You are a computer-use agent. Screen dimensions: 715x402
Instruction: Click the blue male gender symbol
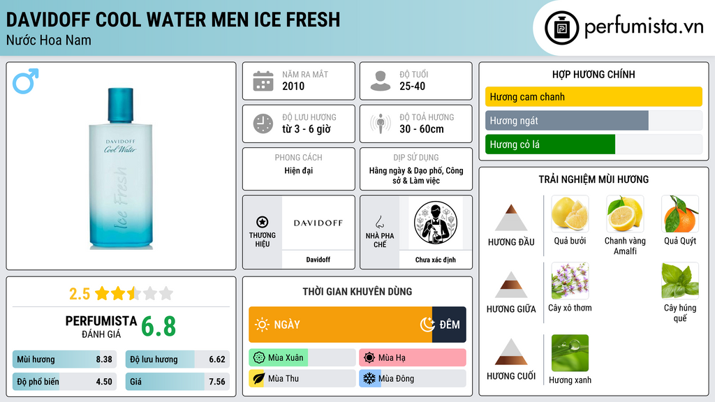[24, 82]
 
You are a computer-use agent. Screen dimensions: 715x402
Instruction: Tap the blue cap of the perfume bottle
[120, 105]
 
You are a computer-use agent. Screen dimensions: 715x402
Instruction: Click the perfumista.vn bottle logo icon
[561, 28]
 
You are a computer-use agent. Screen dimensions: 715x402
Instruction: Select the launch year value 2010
[293, 86]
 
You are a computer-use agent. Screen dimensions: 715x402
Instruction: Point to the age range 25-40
[412, 86]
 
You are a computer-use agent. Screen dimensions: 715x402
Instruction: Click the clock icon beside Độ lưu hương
[263, 124]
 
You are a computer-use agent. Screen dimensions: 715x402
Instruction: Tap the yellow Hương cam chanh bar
[594, 96]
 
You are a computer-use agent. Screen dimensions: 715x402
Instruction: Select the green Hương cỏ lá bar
[550, 144]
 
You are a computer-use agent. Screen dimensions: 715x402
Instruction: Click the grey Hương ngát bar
[567, 121]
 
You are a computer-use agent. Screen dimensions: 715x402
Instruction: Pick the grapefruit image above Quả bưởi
[570, 214]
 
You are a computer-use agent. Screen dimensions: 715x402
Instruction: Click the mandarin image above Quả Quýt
[680, 214]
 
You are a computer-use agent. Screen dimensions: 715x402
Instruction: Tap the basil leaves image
[680, 281]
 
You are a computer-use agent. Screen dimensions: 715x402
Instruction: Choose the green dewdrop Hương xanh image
[570, 352]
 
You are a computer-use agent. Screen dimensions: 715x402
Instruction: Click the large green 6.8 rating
[159, 327]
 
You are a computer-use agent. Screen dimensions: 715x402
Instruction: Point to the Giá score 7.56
[217, 382]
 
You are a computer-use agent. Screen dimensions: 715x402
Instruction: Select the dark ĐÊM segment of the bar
[449, 325]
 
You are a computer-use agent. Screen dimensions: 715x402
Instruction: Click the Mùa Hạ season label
[392, 358]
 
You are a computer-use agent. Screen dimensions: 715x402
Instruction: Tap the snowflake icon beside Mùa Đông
[369, 378]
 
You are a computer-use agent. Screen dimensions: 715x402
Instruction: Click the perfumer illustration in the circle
[436, 223]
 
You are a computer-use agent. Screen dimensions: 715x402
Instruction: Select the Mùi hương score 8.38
[104, 359]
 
